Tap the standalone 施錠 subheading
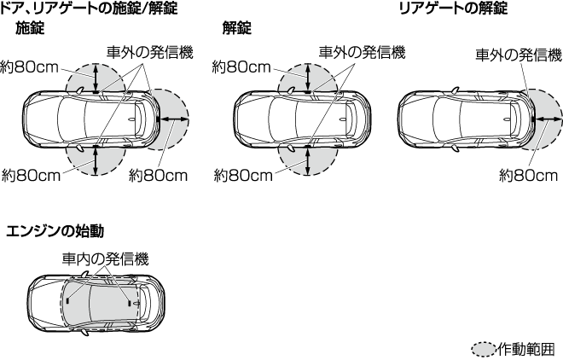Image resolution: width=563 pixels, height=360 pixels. coord(31,28)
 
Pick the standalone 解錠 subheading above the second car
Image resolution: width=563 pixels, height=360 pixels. coord(236,28)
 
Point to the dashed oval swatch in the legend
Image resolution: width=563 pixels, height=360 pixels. coord(484,348)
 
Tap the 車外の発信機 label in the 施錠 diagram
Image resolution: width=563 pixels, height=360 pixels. coord(150,51)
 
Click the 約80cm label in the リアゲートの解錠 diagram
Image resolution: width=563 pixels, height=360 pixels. coord(528,175)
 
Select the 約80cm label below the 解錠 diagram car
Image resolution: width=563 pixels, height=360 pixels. coord(243,176)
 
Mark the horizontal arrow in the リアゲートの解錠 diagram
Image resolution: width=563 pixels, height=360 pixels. coord(547,120)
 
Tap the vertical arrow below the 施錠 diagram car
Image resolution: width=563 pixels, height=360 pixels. coord(96,160)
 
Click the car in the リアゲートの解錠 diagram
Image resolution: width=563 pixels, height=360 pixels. coord(466,120)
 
